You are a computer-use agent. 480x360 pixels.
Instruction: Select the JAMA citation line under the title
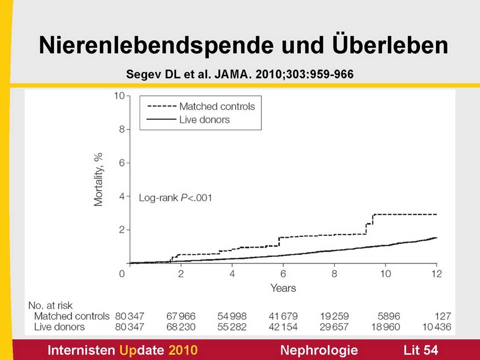pos(240,74)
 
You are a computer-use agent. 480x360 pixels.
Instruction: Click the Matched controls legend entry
pos(217,106)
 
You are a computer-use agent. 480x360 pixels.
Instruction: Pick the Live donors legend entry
pos(204,119)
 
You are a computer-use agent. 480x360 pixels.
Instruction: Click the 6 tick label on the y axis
pos(121,163)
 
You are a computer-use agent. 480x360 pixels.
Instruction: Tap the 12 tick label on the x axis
pos(436,273)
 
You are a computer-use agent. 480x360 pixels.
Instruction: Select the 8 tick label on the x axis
pos(334,273)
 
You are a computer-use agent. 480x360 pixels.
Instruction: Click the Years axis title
pos(283,288)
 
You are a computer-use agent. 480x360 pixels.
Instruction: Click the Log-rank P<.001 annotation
pos(175,197)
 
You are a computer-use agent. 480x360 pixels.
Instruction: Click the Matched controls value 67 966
pos(180,316)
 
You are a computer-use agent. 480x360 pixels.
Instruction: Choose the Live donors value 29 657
pos(333,327)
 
